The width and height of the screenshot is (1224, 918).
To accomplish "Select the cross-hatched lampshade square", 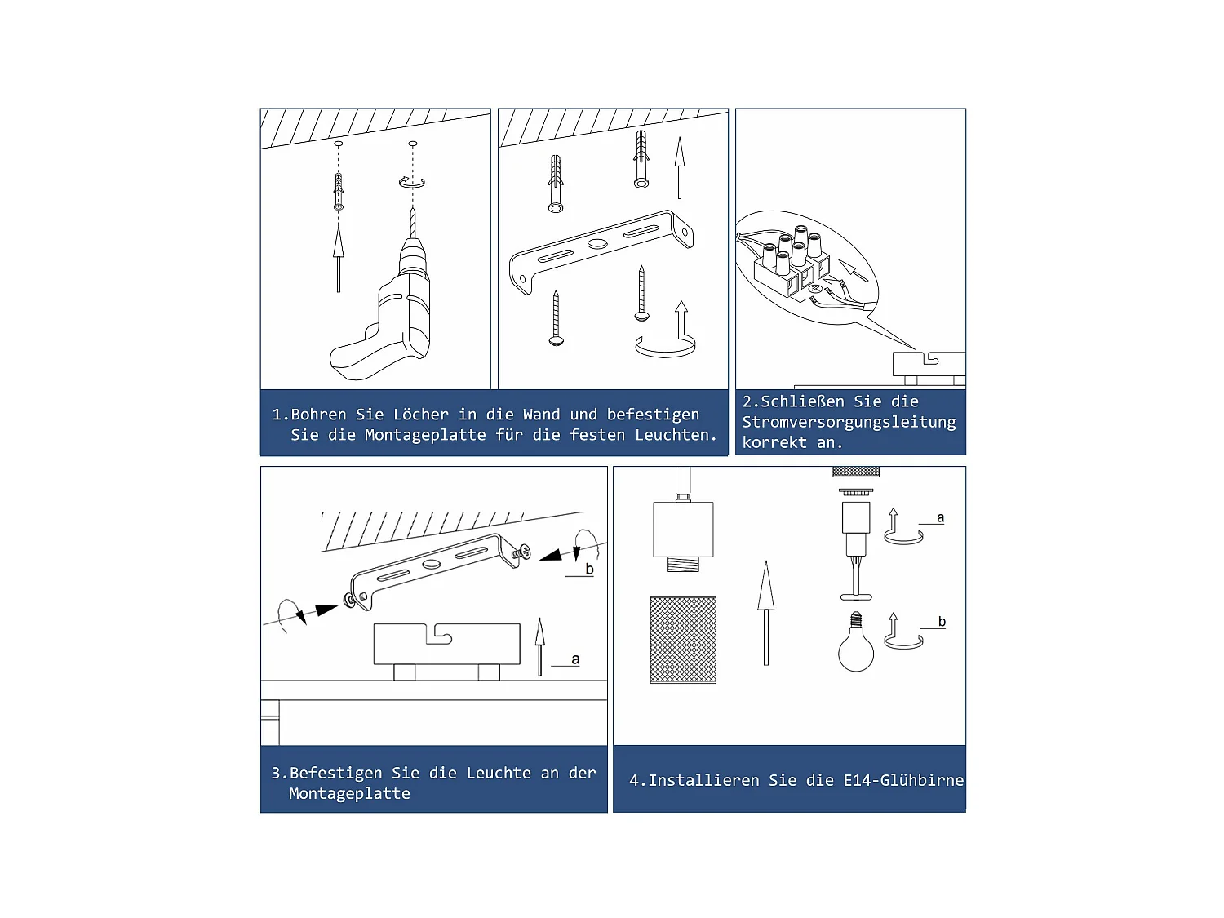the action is click(x=683, y=640).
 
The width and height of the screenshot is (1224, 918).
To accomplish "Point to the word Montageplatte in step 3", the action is click(x=349, y=794).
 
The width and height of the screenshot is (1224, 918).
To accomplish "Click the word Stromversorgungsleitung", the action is click(x=849, y=423).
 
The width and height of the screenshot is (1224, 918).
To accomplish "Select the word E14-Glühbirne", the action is click(x=903, y=780).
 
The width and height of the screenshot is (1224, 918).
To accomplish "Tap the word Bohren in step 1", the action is click(x=318, y=415).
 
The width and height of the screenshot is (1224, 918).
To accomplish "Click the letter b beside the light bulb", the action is click(x=942, y=622).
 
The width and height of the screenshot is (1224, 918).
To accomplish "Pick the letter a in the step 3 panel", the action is click(x=575, y=659).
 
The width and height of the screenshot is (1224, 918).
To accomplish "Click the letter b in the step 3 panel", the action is click(x=589, y=569).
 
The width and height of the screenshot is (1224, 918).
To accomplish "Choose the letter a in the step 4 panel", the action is click(x=941, y=518).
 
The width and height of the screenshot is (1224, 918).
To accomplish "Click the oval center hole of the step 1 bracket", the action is click(x=597, y=243).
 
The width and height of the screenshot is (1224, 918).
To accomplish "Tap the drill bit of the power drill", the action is click(x=413, y=222).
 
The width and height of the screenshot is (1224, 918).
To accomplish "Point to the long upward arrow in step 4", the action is click(x=765, y=613).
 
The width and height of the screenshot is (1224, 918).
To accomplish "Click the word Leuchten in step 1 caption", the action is click(x=676, y=435).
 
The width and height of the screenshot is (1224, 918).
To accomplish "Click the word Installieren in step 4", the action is click(x=703, y=780).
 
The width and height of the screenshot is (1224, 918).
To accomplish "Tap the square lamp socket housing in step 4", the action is click(x=683, y=530).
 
